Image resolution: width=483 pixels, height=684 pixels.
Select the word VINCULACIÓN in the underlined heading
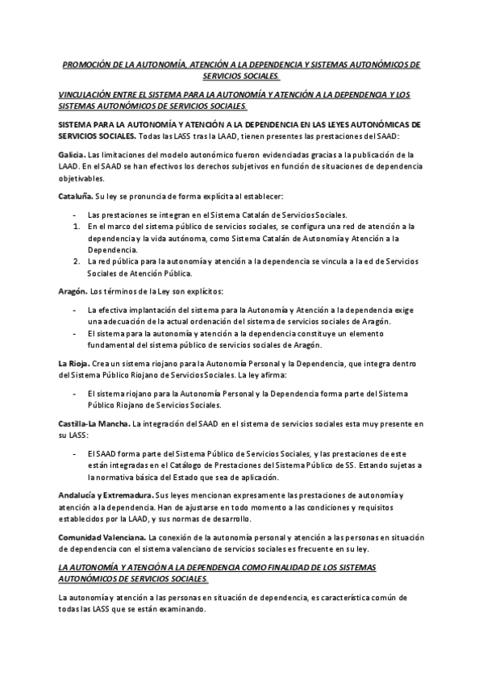(x=84, y=94)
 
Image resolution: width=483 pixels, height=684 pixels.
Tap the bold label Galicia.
(x=72, y=154)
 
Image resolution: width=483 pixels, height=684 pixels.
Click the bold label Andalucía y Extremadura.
(x=105, y=494)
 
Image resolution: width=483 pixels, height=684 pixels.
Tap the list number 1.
(x=74, y=227)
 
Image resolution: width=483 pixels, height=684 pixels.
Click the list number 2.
(x=74, y=261)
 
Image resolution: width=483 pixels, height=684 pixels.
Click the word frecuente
(x=322, y=548)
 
